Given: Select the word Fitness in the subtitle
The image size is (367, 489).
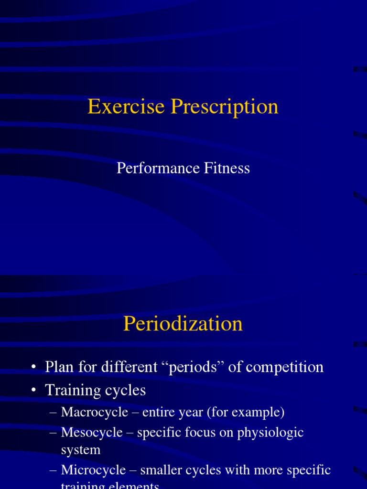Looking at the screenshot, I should (x=227, y=168).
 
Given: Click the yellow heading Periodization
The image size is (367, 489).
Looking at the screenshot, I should (x=183, y=324).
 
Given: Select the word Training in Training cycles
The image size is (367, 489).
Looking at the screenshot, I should (x=72, y=390).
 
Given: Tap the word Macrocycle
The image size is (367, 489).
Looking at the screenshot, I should (x=95, y=412).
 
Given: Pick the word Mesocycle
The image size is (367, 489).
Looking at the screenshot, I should (x=92, y=433).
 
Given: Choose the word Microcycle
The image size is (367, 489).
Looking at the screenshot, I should (x=93, y=470).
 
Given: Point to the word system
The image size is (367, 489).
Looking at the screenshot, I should (x=81, y=450).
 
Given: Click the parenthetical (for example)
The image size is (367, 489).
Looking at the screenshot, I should (x=245, y=412).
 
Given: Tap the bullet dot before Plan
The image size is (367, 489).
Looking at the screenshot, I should (x=33, y=367).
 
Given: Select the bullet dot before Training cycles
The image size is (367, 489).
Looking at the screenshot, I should (x=33, y=391).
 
